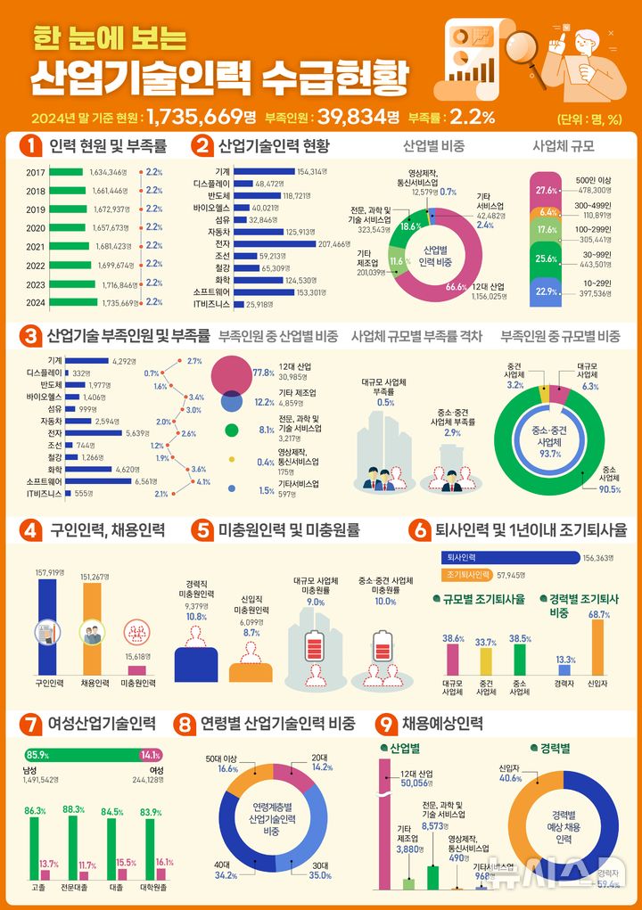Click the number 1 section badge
31,145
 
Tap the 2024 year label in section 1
36,302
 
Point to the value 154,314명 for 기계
312,171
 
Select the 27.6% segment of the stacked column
547,190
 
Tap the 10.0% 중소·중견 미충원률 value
385,602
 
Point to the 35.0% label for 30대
320,876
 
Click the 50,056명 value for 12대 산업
416,783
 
